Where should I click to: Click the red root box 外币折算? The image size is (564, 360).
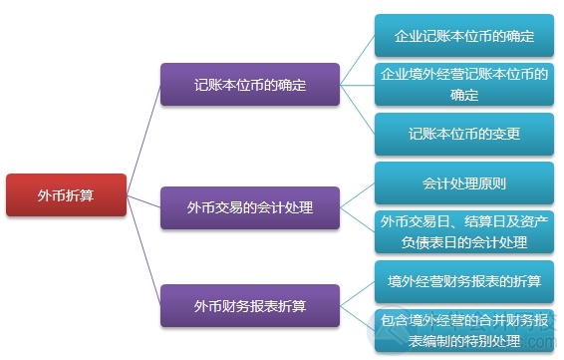pos(67,194)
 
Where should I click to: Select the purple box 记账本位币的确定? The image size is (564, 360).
pos(250,85)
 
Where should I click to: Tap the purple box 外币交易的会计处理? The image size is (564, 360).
pos(250,207)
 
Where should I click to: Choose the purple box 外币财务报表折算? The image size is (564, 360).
pos(250,304)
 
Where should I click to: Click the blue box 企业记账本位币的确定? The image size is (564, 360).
pos(463,36)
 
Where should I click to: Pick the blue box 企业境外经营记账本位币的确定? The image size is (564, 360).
pos(463,85)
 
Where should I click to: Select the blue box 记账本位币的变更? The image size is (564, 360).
pos(463,133)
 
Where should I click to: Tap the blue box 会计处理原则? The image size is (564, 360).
pos(463,183)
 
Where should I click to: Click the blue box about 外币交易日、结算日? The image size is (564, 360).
pos(463,232)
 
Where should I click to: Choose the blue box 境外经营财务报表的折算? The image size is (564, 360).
pos(463,281)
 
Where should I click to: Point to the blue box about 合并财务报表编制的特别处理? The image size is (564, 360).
pos(463,331)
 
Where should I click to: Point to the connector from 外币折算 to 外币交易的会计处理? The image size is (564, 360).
pos(144,201)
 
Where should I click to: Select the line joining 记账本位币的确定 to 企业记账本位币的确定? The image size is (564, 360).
pos(358,60)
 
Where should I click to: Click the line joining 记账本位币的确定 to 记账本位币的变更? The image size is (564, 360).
pos(358,109)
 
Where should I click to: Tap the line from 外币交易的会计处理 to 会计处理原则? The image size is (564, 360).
pos(358,195)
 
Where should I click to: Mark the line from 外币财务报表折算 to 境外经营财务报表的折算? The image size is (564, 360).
pos(358,293)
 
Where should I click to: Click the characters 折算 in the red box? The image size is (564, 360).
pos(81,194)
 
